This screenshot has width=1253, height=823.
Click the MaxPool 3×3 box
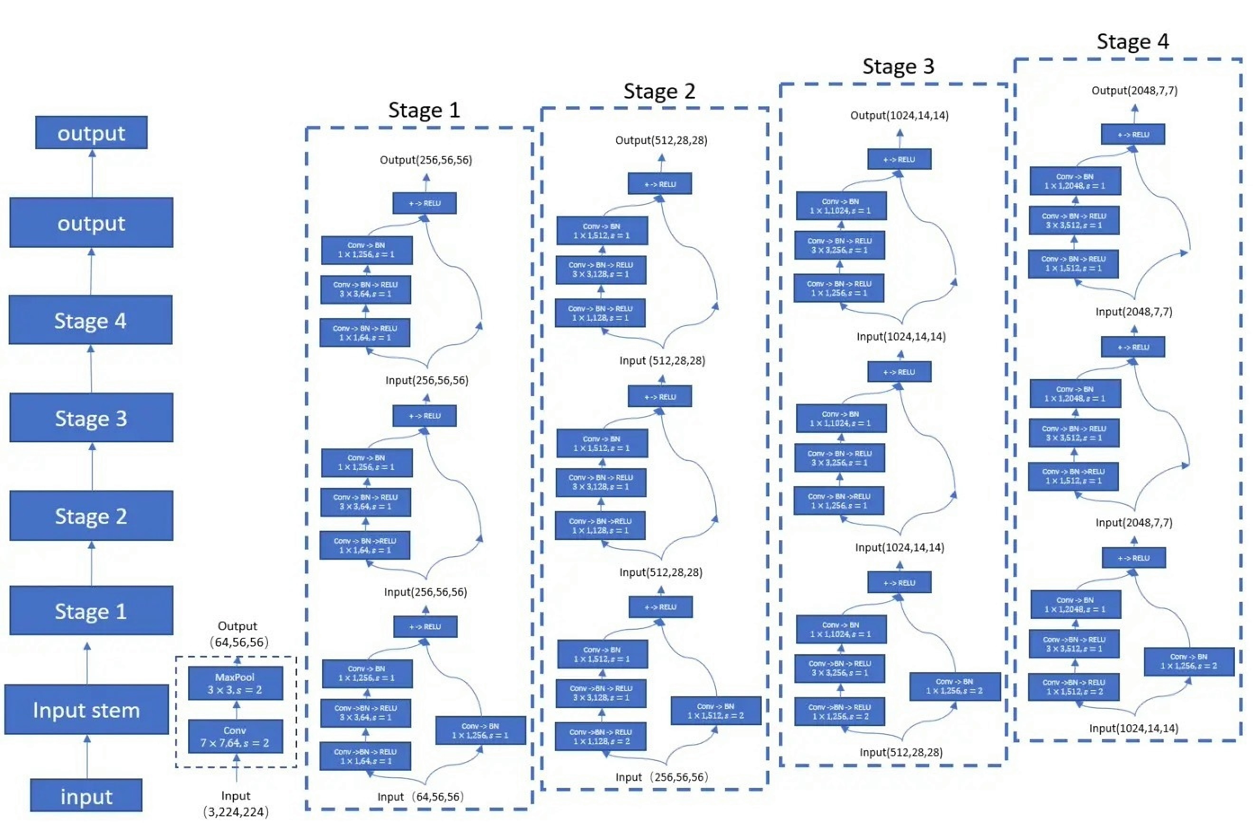[235, 683]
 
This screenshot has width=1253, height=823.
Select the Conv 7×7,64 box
[235, 736]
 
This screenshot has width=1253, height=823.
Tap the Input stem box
[86, 710]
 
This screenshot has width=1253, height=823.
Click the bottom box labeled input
[86, 795]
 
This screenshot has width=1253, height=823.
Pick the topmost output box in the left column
[92, 132]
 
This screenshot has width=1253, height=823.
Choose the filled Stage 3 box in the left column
[92, 418]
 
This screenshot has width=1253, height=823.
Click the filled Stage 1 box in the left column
[92, 610]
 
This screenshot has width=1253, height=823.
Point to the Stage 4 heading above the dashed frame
[1132, 42]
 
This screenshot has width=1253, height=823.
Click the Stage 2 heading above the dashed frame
[659, 92]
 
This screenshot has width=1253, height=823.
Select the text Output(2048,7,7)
[1134, 91]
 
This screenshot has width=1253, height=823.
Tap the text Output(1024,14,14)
[899, 115]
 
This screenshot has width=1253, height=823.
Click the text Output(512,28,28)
[661, 140]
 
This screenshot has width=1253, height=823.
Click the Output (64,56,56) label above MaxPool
[238, 634]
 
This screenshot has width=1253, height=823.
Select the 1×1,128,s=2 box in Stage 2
[600, 737]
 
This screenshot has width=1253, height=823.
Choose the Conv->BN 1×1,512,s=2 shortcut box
[715, 711]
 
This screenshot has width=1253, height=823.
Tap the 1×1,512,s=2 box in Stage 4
[1073, 687]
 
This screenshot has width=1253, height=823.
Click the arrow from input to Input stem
[87, 756]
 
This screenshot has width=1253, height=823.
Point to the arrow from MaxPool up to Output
[237, 661]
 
